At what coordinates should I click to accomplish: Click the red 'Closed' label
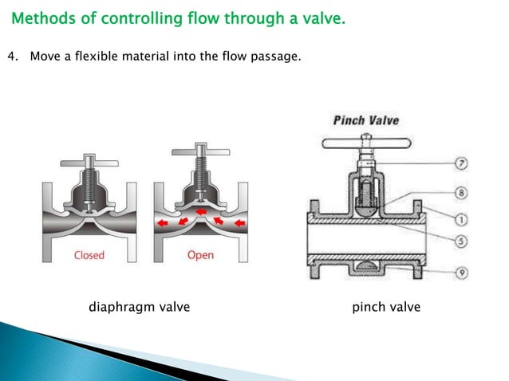tap(89, 255)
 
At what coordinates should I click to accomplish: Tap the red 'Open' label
tap(200, 255)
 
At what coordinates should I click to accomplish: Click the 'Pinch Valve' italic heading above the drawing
tap(366, 121)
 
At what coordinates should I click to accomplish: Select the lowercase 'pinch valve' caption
tap(386, 307)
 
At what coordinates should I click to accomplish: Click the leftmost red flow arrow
tap(162, 225)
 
